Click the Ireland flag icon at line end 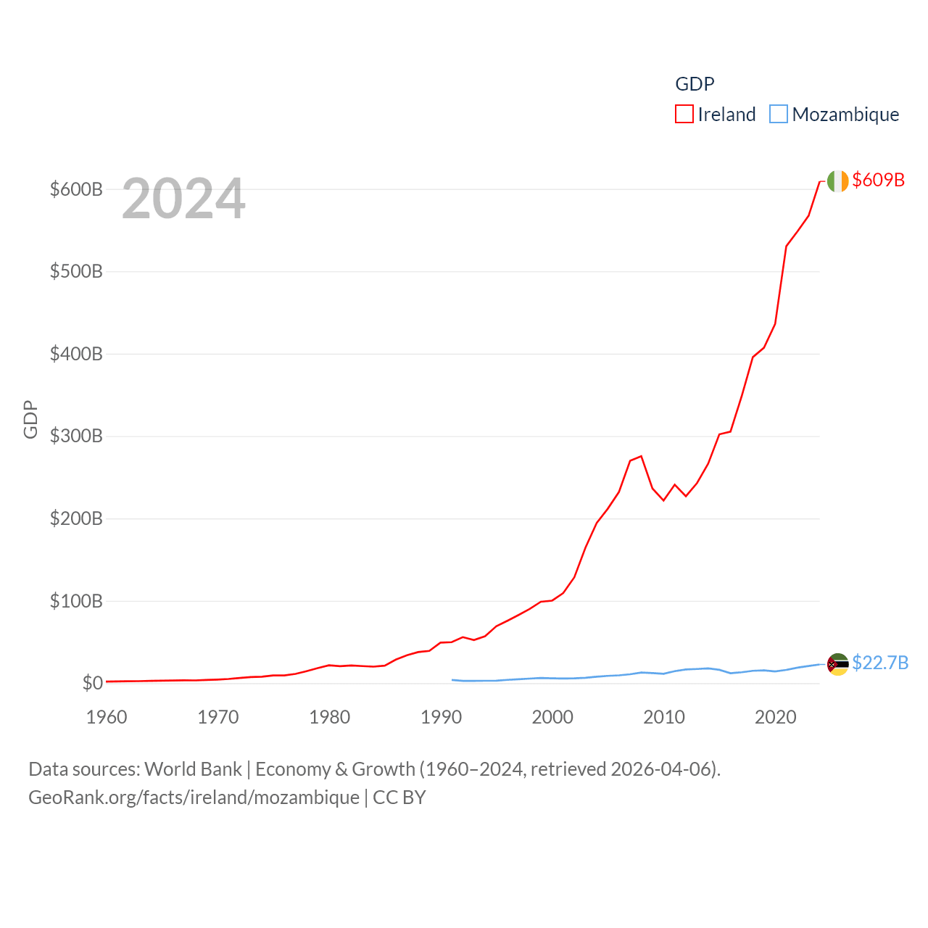click(837, 181)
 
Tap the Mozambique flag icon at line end click(837, 664)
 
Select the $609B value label click(878, 180)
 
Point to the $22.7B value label click(880, 663)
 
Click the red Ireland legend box click(684, 115)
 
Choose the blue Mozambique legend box click(778, 115)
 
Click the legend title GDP click(695, 84)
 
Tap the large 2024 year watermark click(183, 199)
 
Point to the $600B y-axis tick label click(76, 189)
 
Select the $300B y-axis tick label click(76, 436)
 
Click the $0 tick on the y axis click(92, 683)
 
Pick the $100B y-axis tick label click(76, 601)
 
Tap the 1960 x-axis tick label click(107, 717)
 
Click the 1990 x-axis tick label click(441, 717)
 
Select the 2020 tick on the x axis click(775, 717)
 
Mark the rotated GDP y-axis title click(30, 419)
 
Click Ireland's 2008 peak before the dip click(641, 456)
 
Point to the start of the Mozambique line click(452, 680)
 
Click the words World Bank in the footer click(193, 768)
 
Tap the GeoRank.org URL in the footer click(194, 797)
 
